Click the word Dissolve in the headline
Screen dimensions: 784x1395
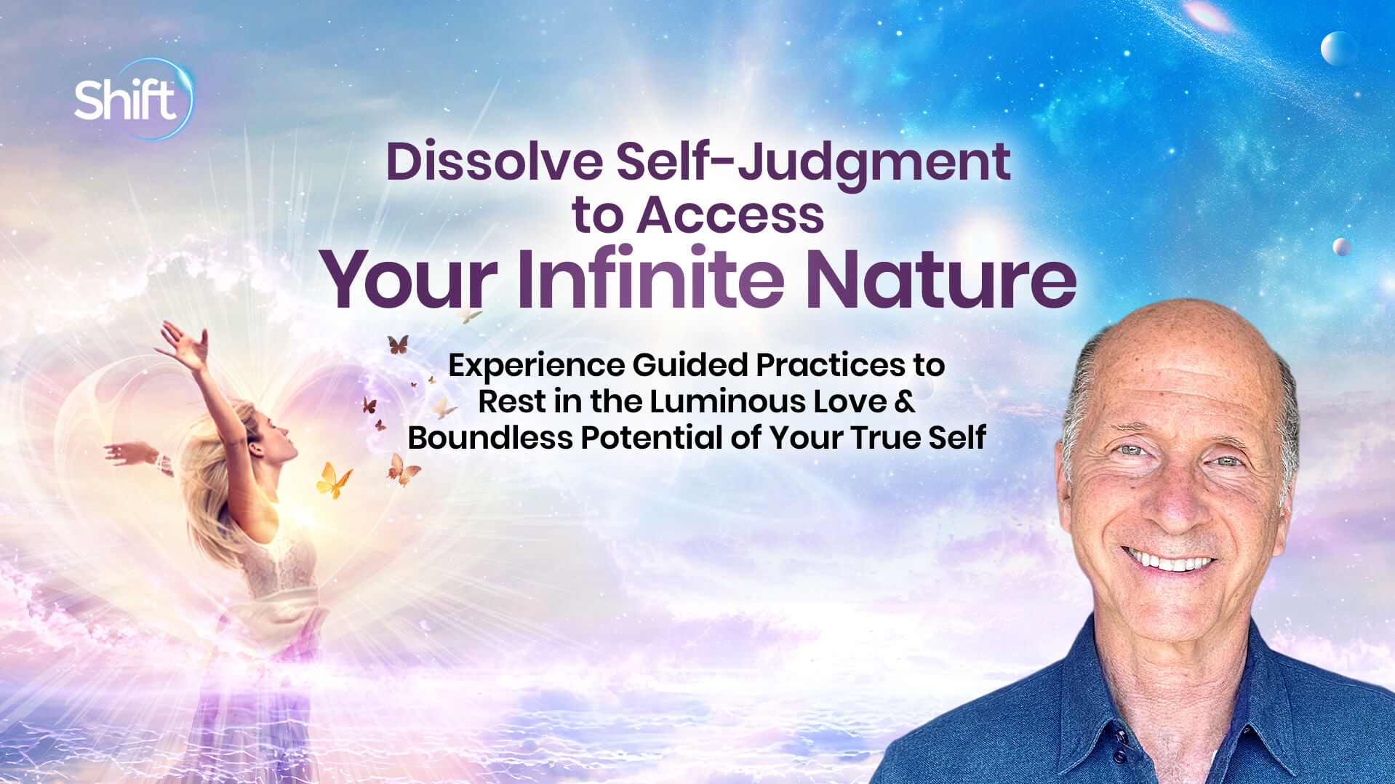point(494,161)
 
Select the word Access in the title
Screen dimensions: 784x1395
point(730,215)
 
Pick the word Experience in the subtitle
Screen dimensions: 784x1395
point(536,366)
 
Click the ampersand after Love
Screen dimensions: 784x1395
point(905,401)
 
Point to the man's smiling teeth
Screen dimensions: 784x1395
point(1169,561)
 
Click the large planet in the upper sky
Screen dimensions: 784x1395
point(1338,49)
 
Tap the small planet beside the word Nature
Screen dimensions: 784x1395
point(1341,247)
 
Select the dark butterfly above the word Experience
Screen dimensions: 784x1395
point(397,344)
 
